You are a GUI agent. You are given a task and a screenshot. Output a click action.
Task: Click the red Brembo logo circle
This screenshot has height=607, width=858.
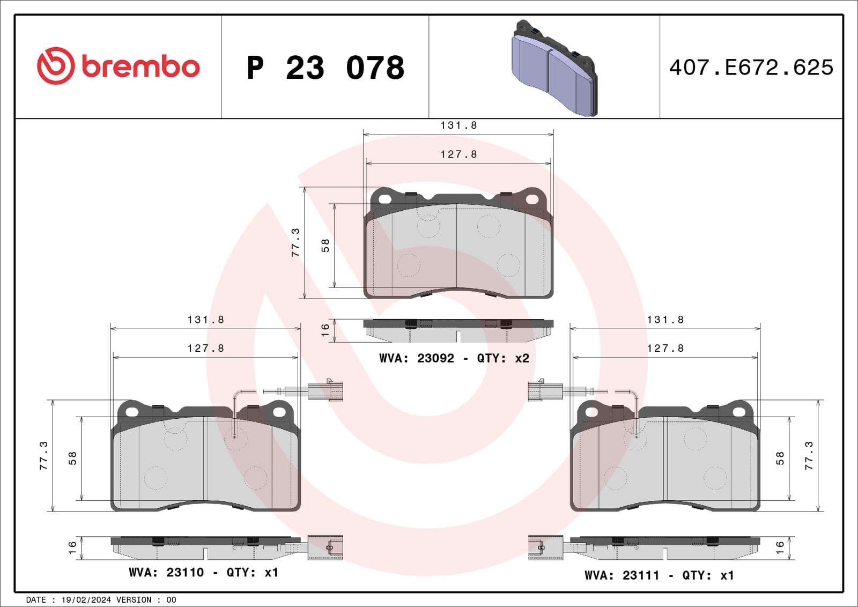tap(55, 66)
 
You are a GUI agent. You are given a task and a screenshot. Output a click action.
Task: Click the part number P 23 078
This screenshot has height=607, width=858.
tap(326, 68)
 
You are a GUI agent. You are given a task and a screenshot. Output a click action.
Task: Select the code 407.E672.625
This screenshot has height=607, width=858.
tap(751, 68)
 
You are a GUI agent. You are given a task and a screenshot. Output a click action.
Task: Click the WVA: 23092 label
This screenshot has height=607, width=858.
tap(417, 358)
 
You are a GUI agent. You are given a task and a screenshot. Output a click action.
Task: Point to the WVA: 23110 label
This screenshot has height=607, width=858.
tap(166, 572)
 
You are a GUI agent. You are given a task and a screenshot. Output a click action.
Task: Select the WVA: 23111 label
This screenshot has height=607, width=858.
tap(622, 575)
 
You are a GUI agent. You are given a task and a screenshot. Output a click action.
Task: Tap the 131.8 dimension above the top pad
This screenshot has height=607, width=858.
tap(458, 125)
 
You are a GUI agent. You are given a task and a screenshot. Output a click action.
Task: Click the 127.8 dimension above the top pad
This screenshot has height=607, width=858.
tap(458, 154)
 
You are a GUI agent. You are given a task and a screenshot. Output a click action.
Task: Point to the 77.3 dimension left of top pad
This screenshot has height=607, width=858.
tap(295, 242)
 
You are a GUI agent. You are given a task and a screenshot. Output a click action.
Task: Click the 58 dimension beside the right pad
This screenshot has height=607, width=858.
tap(780, 458)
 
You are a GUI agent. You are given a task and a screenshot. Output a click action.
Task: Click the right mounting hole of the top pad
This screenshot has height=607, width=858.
tap(531, 199)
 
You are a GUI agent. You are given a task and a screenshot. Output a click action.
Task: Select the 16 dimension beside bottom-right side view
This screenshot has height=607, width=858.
tap(780, 547)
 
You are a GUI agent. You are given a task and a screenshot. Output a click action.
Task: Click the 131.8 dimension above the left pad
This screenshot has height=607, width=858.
tap(205, 320)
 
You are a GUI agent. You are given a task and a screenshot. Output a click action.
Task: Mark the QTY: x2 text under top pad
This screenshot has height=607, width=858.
tap(503, 358)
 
